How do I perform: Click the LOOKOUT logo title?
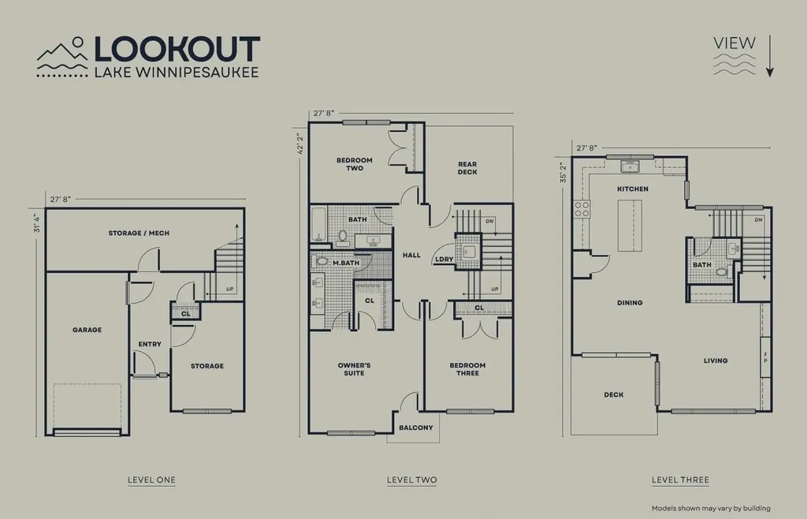tap(177, 49)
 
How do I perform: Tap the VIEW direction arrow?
tap(769, 56)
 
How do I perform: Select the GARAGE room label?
tap(87, 330)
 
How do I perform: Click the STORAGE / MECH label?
tap(139, 233)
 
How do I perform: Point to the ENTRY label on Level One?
tap(150, 344)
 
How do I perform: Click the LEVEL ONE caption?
tap(151, 480)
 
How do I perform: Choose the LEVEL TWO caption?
tap(411, 480)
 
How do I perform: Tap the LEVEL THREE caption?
tap(680, 480)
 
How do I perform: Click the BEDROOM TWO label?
tap(355, 164)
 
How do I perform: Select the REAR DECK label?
tap(467, 168)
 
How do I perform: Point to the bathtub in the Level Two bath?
tap(318, 223)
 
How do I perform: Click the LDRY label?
tap(444, 259)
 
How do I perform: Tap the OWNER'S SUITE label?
tap(354, 368)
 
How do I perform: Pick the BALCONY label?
tap(416, 428)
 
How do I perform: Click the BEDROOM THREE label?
tap(467, 368)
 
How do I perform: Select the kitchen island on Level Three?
tap(630, 226)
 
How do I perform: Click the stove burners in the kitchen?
tap(582, 209)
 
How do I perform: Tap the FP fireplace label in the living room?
tap(765, 357)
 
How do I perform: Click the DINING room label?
tap(630, 303)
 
